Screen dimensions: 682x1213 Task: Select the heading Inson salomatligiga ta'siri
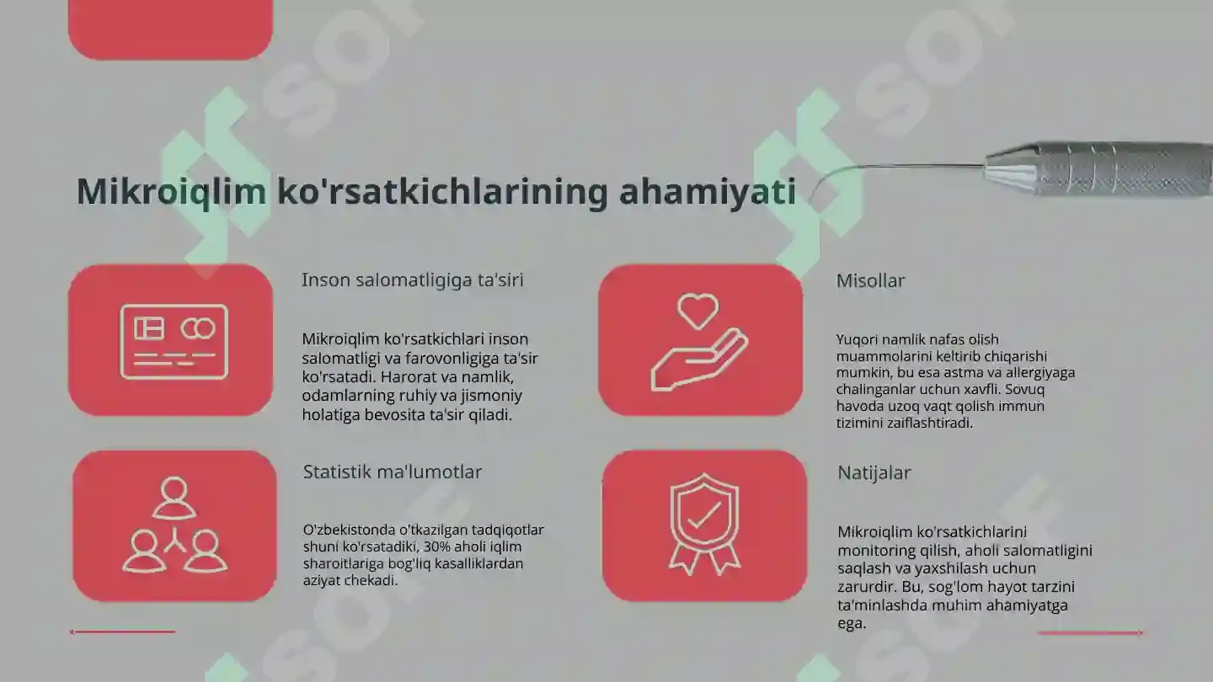[x=412, y=280]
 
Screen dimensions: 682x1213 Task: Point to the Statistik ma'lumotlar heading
[x=393, y=472]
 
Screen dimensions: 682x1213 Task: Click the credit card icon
[x=174, y=342]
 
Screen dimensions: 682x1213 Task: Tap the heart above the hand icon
[x=698, y=311]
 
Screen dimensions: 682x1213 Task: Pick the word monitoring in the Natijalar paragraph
[x=875, y=551]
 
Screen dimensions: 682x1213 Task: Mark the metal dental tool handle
[x=1103, y=168]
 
